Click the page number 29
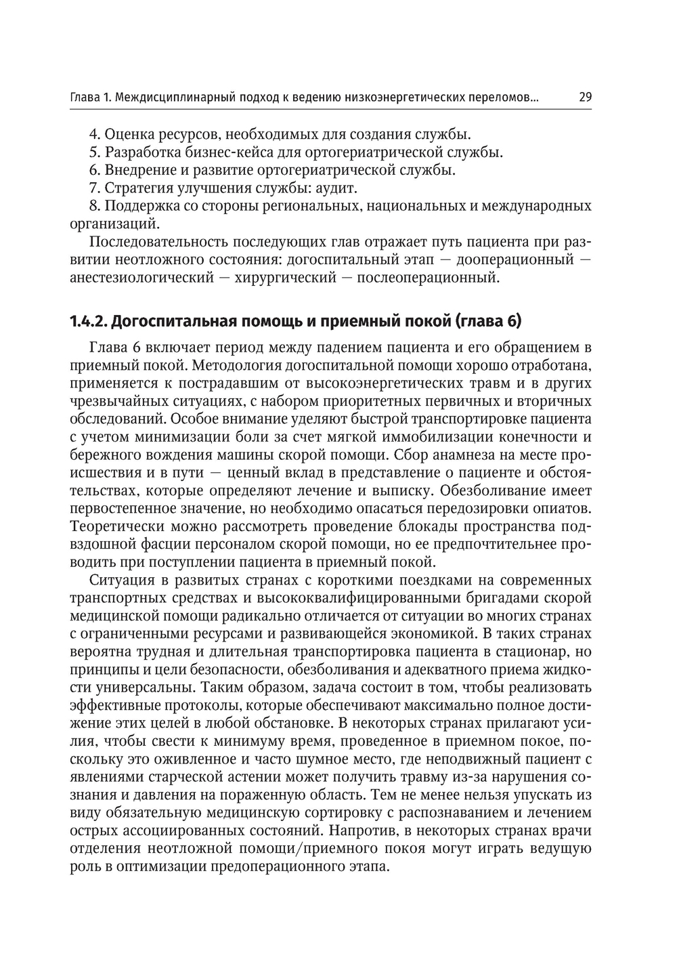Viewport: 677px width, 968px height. pyautogui.click(x=586, y=98)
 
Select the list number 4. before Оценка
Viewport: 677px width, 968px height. pyautogui.click(x=95, y=134)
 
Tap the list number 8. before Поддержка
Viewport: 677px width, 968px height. pyautogui.click(x=95, y=206)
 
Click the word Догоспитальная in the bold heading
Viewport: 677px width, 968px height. pyautogui.click(x=167, y=320)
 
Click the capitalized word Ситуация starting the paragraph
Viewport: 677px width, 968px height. pyautogui.click(x=117, y=580)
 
